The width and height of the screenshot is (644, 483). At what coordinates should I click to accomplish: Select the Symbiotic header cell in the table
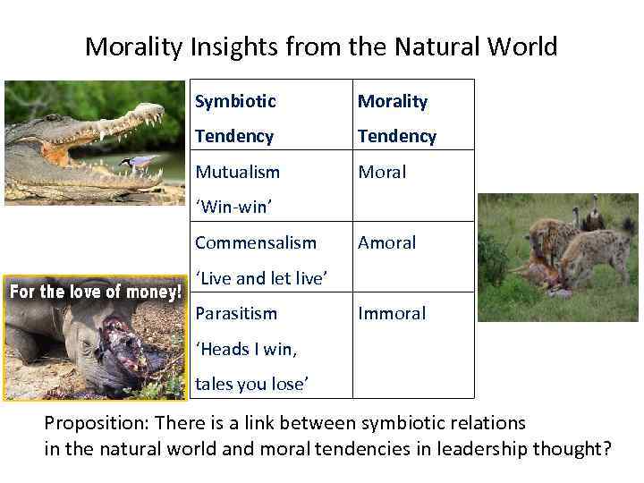pyautogui.click(x=235, y=101)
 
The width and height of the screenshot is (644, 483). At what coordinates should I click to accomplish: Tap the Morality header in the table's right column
pyautogui.click(x=393, y=101)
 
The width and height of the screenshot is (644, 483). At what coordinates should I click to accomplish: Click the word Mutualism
pyautogui.click(x=237, y=172)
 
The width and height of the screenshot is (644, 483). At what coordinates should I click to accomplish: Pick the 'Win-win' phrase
pyautogui.click(x=233, y=208)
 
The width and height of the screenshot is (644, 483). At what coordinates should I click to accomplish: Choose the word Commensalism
pyautogui.click(x=256, y=242)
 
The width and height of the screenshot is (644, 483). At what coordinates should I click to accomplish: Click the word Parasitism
pyautogui.click(x=236, y=313)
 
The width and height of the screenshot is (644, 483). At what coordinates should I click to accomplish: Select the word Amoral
pyautogui.click(x=386, y=242)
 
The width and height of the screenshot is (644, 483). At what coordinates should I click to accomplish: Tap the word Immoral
pyautogui.click(x=392, y=313)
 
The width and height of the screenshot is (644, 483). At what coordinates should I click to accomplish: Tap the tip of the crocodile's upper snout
pyautogui.click(x=161, y=111)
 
